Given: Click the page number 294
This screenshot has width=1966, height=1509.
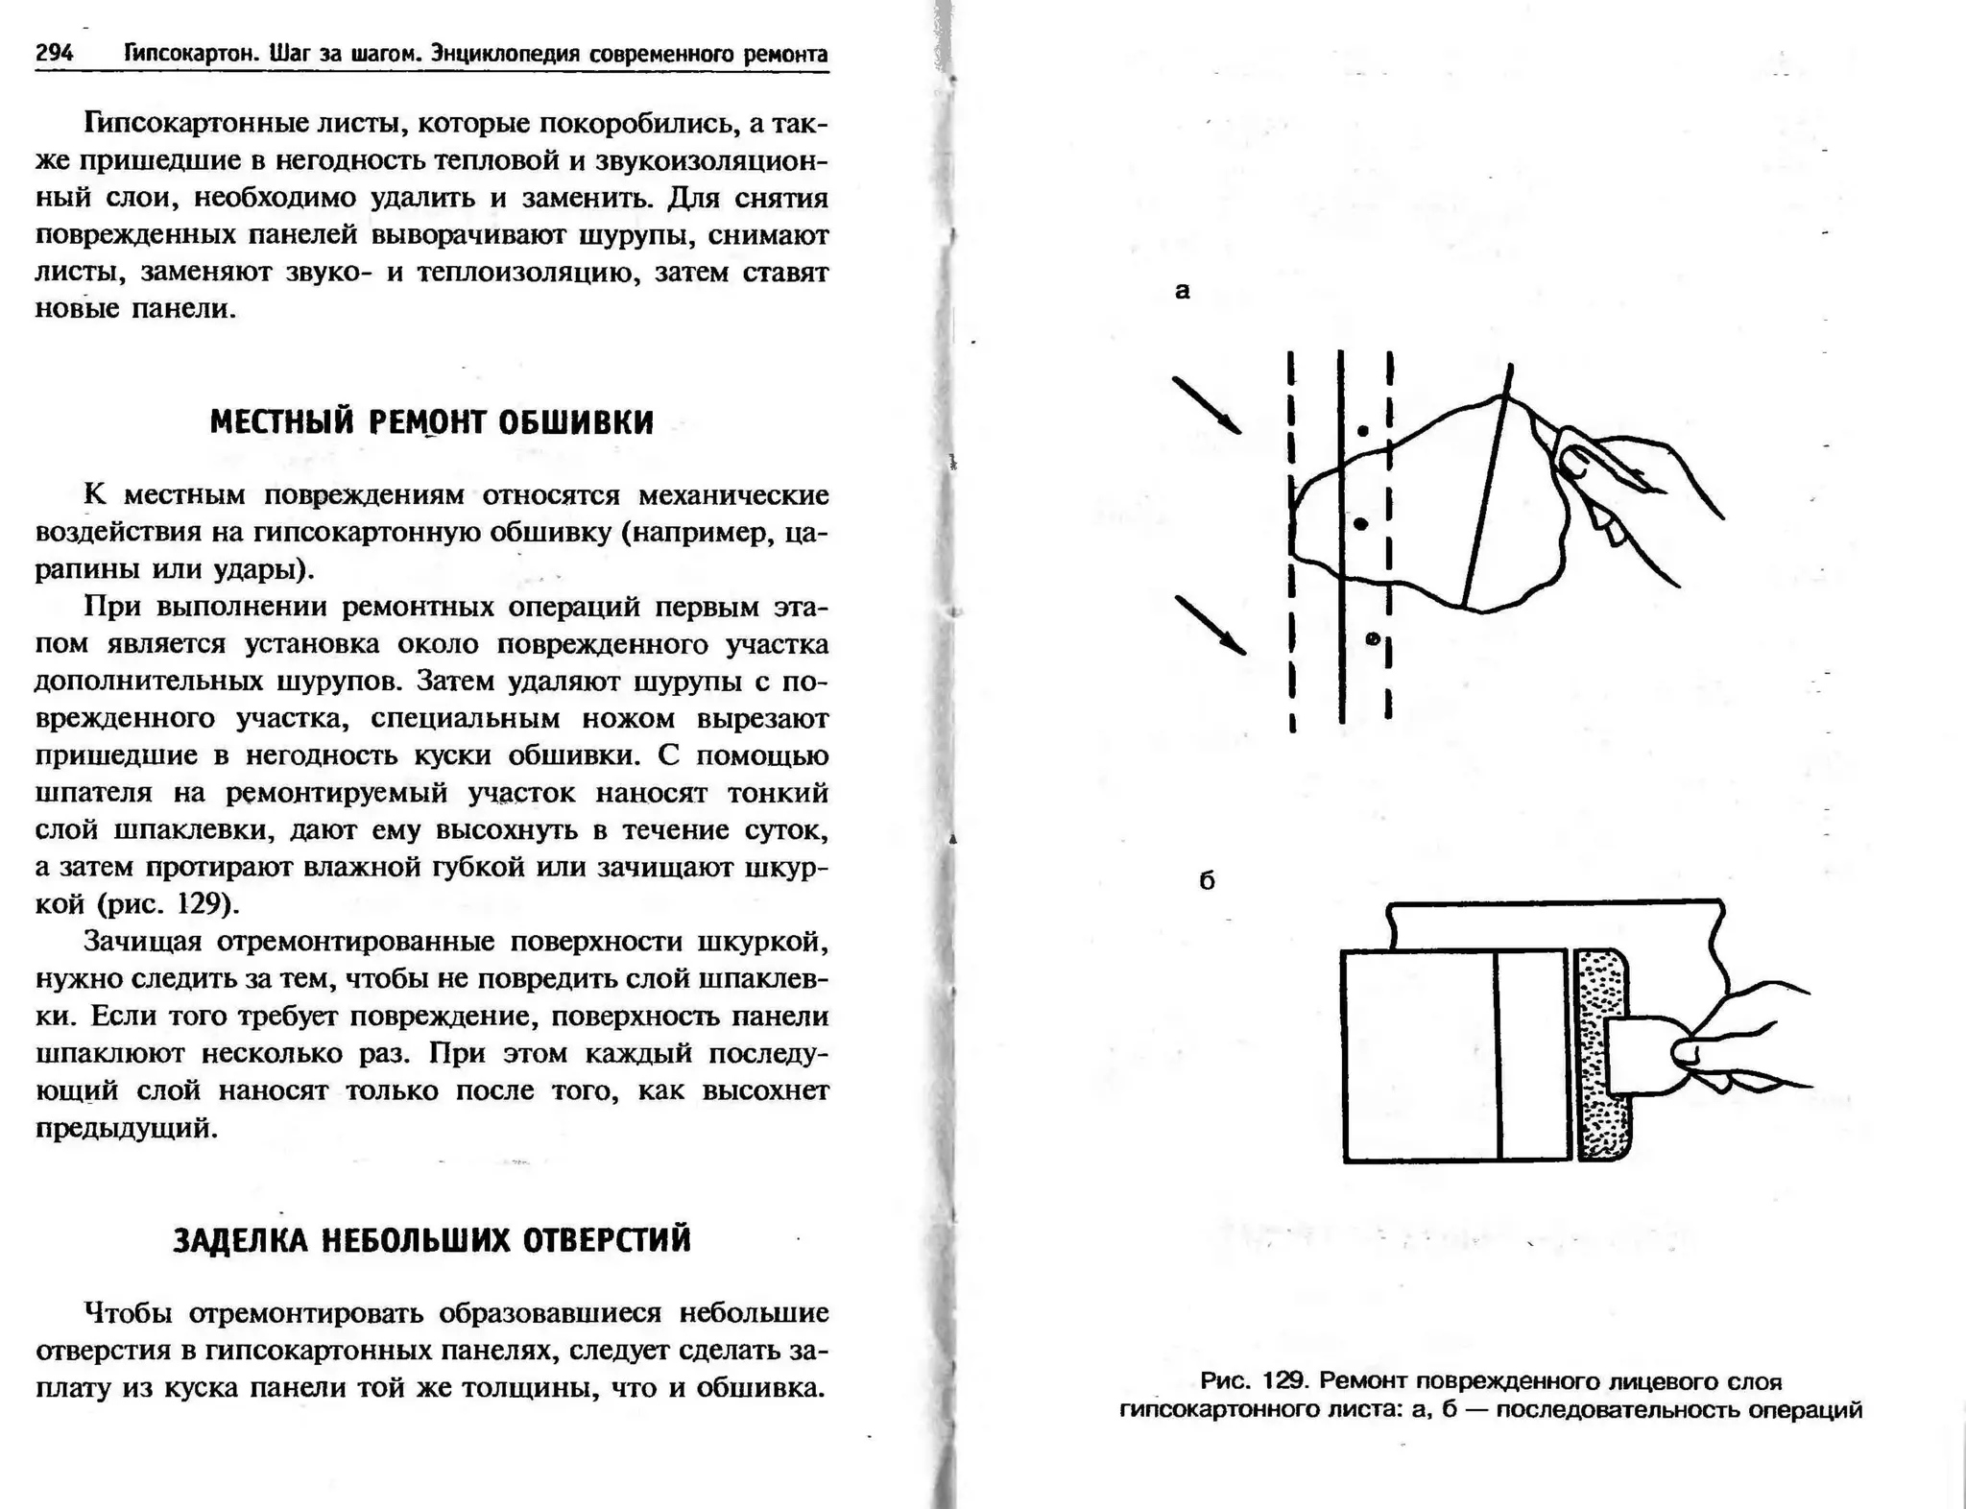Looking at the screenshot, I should pos(55,53).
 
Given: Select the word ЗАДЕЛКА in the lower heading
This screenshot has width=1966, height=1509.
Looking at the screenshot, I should pos(240,1240).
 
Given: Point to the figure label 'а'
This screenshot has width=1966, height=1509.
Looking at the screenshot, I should pos(1183,291).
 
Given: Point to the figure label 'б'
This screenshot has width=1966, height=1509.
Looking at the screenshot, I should pos(1208,880).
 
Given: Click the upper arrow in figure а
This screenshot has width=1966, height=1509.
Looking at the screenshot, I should pos(1207,404).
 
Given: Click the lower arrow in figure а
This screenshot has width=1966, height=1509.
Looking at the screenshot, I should pos(1211,625).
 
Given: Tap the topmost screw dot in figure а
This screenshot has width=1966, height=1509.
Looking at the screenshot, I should pos(1363,431).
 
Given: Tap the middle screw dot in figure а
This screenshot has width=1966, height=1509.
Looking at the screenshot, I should pos(1360,524).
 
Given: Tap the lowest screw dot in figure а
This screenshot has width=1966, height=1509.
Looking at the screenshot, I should pos(1373,637).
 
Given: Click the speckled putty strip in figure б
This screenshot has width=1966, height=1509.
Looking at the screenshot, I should pos(1602,1056).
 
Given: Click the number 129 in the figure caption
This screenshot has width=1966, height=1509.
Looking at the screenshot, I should pos(1284,1381).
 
